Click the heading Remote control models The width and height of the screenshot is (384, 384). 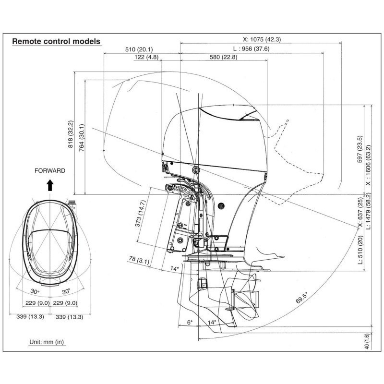(x=56, y=41)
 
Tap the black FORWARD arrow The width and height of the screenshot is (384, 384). (x=50, y=185)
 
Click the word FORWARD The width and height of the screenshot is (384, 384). (x=50, y=171)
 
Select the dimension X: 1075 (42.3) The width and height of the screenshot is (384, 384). (x=262, y=39)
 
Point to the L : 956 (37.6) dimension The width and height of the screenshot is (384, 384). (x=251, y=49)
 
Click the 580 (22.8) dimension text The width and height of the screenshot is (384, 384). (x=224, y=57)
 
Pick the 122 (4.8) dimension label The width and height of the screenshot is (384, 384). (x=146, y=57)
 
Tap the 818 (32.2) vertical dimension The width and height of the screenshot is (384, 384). (x=70, y=134)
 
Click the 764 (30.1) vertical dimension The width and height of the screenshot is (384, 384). (x=82, y=138)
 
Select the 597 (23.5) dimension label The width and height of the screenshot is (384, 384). (x=360, y=149)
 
